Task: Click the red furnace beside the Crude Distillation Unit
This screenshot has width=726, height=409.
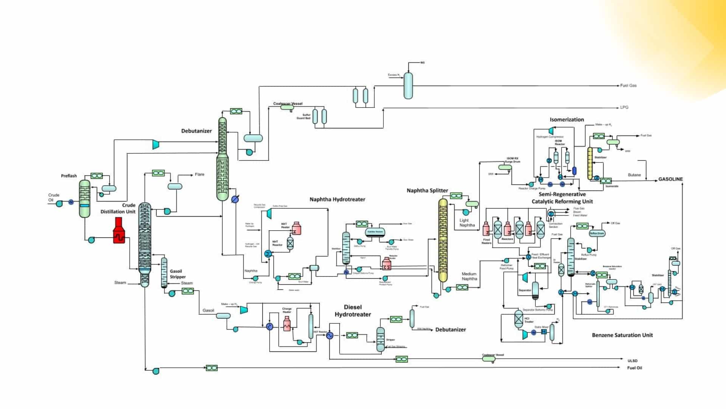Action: coord(119,231)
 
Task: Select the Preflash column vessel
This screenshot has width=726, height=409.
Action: coord(85,198)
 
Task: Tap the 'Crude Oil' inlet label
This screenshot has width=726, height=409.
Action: coord(53,197)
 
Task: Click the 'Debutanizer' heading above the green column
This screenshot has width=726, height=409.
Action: coord(196,131)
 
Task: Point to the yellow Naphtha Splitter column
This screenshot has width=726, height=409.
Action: coord(443,240)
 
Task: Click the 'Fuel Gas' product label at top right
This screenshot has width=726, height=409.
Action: coord(628,86)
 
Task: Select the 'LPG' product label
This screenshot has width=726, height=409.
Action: coord(624,108)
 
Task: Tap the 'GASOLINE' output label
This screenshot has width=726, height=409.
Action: coord(670,179)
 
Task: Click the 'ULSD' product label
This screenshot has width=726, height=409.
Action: coord(632,361)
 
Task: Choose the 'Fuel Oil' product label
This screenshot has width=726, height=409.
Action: coord(634,368)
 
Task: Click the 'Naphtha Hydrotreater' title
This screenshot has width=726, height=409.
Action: coord(337,200)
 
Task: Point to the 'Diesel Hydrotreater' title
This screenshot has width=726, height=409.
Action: coord(352,311)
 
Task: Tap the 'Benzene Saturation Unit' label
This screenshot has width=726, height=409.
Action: coord(622,335)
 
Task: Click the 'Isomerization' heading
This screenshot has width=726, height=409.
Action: coord(566,120)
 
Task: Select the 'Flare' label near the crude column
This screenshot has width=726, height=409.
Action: coord(199,175)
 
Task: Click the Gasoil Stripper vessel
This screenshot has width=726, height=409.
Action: coord(164,273)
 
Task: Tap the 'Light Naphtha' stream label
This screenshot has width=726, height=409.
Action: coord(467,223)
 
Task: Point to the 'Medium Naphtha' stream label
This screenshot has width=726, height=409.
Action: coord(469,276)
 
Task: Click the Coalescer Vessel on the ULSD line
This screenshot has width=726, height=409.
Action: coord(489,359)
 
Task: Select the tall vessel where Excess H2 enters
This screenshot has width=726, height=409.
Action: coord(408,86)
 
